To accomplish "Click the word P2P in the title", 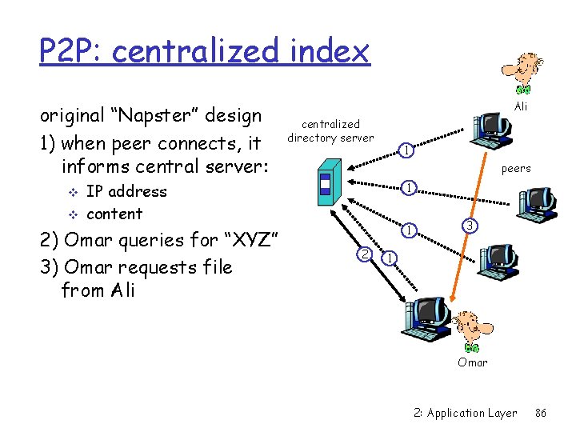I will pyautogui.click(x=71, y=52).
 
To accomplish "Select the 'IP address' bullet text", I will pyautogui.click(x=126, y=191).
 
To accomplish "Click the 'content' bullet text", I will pyautogui.click(x=114, y=214).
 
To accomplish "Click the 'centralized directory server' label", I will pyautogui.click(x=330, y=130).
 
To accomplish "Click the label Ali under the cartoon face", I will pyautogui.click(x=521, y=106).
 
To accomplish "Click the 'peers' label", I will pyautogui.click(x=516, y=169).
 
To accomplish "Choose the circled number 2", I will pyautogui.click(x=364, y=254).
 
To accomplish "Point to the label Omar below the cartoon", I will pyautogui.click(x=472, y=362).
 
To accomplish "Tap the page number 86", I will pyautogui.click(x=540, y=413).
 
